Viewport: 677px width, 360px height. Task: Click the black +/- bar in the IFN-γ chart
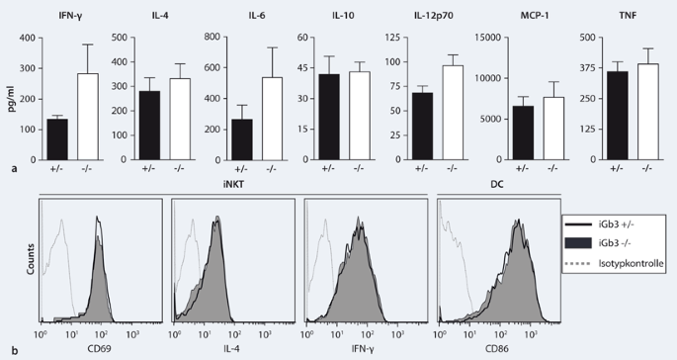[x=55, y=136]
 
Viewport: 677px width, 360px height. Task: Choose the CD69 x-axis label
[x=99, y=350]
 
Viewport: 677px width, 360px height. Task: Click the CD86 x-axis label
[x=497, y=350]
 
